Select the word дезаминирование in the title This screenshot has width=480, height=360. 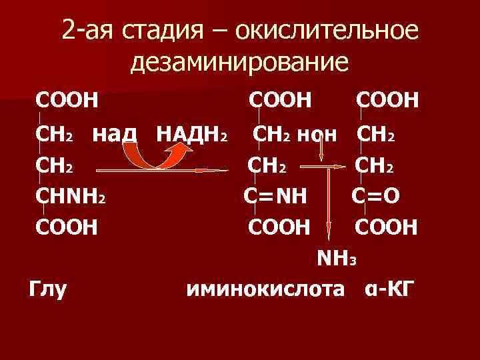tap(239, 63)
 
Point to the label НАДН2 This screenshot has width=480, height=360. tap(193, 133)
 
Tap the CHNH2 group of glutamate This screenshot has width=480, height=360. tap(73, 197)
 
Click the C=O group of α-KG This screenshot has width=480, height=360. tap(385, 197)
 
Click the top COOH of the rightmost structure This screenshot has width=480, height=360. tap(387, 101)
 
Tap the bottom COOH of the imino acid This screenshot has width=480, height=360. tap(279, 227)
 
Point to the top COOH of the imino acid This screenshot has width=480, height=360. tap(280, 101)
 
